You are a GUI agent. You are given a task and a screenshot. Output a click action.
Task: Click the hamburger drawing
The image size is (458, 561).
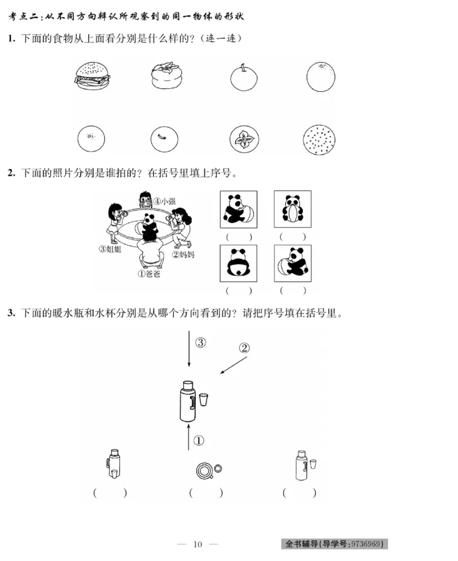pyautogui.click(x=93, y=76)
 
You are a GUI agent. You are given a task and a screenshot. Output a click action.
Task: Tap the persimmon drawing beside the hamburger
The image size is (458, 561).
pyautogui.click(x=167, y=77)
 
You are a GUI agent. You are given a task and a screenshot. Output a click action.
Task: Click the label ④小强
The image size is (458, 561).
pyautogui.click(x=164, y=202)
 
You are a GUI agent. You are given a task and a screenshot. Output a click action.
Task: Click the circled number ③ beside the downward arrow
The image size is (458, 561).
pyautogui.click(x=200, y=343)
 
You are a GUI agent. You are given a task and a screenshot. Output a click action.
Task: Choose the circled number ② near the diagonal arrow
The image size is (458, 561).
pyautogui.click(x=244, y=348)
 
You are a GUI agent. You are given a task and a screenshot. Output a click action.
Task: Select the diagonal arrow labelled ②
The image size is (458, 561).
pyautogui.click(x=234, y=365)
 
